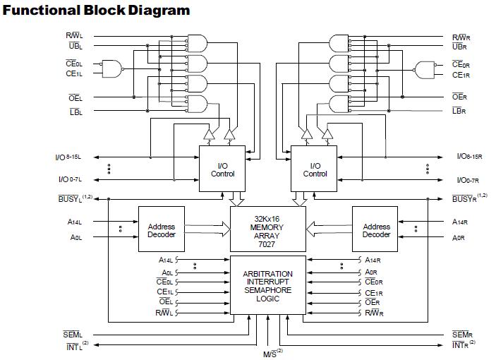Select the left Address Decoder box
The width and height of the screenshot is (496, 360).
pyautogui.click(x=161, y=228)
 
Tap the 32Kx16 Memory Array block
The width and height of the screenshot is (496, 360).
pyautogui.click(x=268, y=228)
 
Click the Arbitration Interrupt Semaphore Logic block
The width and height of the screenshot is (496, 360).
pyautogui.click(x=268, y=285)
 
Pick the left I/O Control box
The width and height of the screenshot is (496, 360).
pyautogui.click(x=222, y=169)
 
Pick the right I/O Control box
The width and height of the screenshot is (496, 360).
pyautogui.click(x=315, y=169)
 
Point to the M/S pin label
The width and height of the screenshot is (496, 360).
pyautogui.click(x=268, y=352)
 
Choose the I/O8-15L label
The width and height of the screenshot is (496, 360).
pyautogui.click(x=71, y=157)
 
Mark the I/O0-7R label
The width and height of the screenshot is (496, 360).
pyautogui.click(x=466, y=180)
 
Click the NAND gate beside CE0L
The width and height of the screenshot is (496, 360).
pyautogui.click(x=111, y=68)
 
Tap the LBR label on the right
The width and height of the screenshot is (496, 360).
pyautogui.click(x=459, y=111)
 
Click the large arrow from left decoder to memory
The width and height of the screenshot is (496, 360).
pyautogui.click(x=207, y=228)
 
